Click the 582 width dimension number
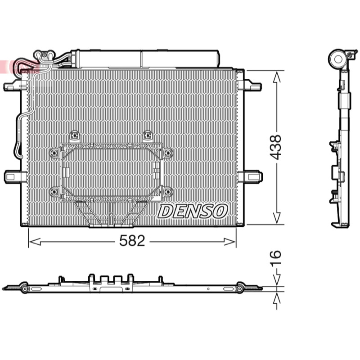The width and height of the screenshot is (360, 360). point(132,241)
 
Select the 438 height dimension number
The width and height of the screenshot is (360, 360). point(275,147)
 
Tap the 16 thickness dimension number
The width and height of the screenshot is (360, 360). point(275,258)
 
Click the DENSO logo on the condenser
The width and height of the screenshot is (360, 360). point(193,211)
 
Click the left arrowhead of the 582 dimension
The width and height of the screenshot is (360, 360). point(35,242)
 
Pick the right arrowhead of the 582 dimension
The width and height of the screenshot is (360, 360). point(229,242)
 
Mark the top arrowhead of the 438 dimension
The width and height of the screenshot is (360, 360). point(277,76)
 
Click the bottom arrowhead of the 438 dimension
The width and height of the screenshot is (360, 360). point(277,218)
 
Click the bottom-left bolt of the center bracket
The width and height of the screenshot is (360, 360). point(54,191)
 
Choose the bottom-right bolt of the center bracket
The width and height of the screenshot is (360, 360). point(168,191)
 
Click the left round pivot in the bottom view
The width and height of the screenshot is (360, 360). point(25,288)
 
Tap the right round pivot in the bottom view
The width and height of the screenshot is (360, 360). point(240,288)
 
